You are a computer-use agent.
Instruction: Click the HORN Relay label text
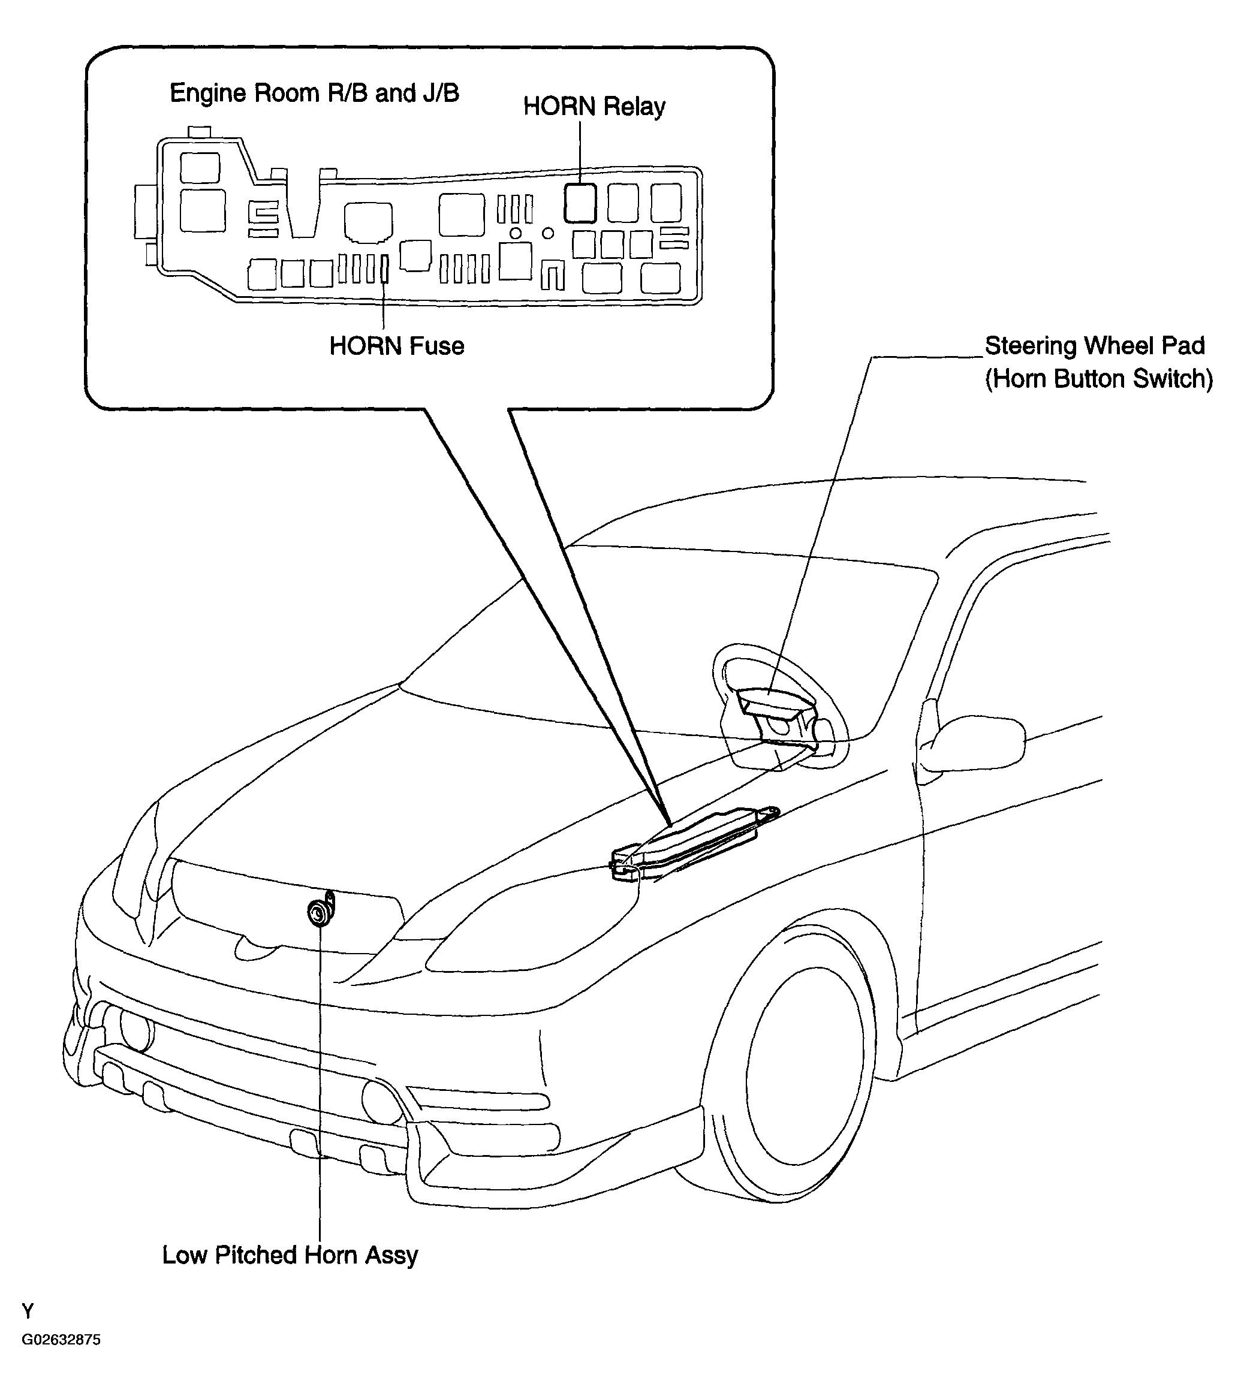click(594, 107)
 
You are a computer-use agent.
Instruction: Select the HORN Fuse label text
click(396, 346)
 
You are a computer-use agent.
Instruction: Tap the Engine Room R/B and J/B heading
click(314, 93)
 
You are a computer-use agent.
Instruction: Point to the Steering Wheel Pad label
click(1095, 345)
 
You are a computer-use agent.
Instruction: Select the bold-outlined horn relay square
click(580, 203)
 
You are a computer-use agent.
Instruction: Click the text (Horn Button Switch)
click(1099, 379)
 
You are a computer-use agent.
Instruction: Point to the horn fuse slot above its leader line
click(384, 269)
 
